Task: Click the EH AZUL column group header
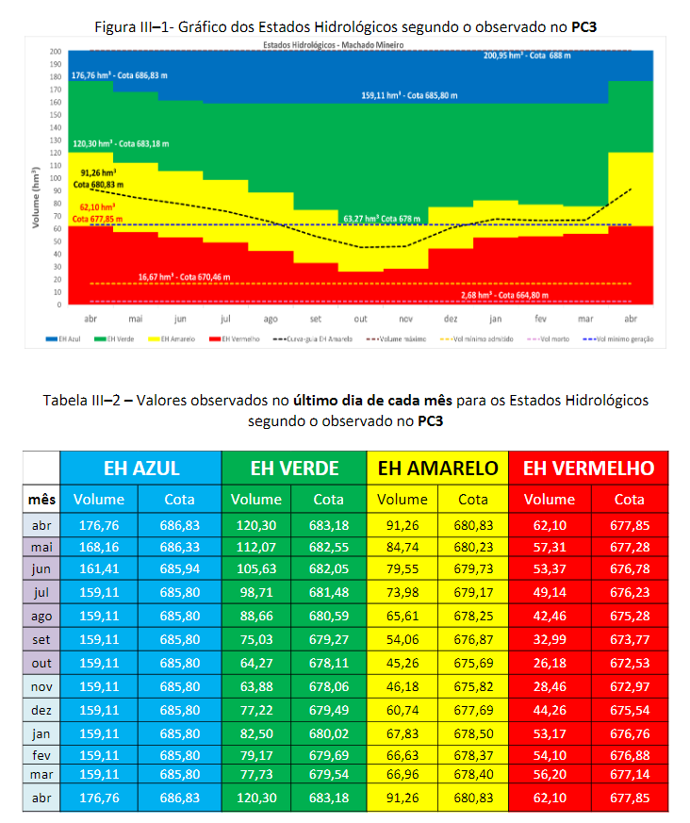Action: pos(141,468)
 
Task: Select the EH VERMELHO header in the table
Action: pos(589,468)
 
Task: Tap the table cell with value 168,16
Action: pos(99,547)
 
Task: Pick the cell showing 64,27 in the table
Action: pos(256,662)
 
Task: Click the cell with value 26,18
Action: pos(549,662)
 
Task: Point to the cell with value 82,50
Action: pos(256,732)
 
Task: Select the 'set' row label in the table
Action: pos(42,639)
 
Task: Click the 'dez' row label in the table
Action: pos(42,708)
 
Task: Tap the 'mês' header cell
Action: pos(42,500)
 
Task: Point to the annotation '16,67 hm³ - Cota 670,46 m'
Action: pos(184,276)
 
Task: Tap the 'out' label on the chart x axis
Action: pos(360,318)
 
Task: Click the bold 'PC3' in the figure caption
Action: pos(584,26)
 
